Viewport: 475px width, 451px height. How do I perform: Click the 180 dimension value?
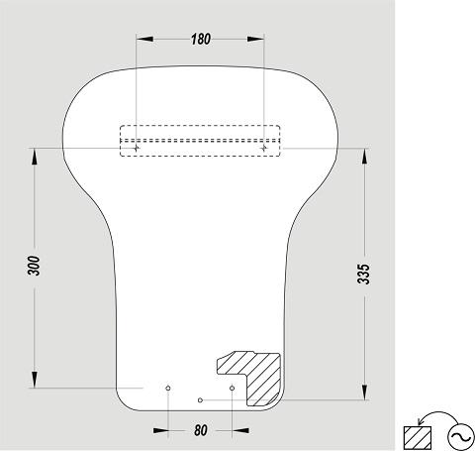[x=201, y=39]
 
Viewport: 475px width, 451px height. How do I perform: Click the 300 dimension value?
[x=34, y=266]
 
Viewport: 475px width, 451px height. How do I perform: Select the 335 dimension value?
[x=364, y=274]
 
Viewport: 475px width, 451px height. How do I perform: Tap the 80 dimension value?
[x=201, y=430]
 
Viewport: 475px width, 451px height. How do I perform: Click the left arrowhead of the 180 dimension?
[x=144, y=39]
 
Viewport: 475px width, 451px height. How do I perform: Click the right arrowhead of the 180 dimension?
[x=255, y=39]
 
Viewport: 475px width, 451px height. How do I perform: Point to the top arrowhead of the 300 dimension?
[x=35, y=157]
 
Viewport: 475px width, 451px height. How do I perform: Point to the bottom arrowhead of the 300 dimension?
[x=35, y=380]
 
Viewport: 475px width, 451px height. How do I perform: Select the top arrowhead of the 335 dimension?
[x=364, y=157]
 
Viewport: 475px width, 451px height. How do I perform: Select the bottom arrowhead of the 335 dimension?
[x=364, y=392]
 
